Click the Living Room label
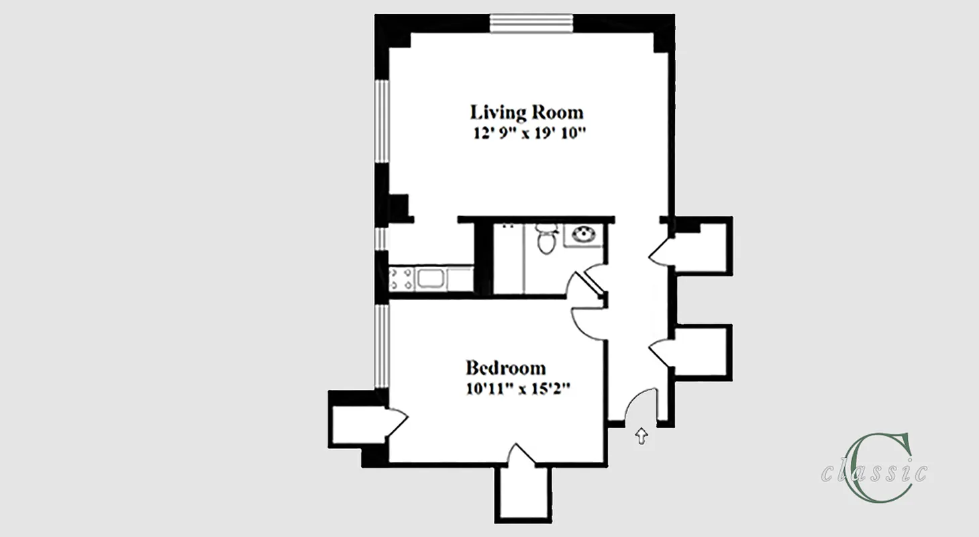tap(526, 111)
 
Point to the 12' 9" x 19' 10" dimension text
tap(528, 133)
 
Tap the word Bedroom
tap(505, 368)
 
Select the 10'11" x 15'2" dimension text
tap(517, 389)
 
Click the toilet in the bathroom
tap(546, 239)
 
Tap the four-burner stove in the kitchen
tap(401, 279)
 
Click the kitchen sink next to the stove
tap(431, 279)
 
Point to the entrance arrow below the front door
tap(641, 437)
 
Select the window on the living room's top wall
tap(531, 23)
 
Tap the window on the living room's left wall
tap(380, 121)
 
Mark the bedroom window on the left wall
tap(380, 346)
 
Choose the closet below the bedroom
tap(522, 491)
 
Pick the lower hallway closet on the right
tap(701, 352)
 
